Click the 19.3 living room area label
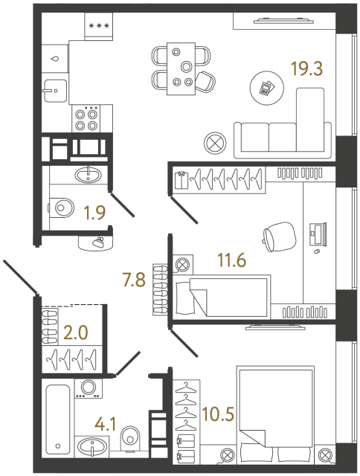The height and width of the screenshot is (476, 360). click(x=306, y=70)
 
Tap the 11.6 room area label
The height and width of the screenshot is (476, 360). click(x=231, y=260)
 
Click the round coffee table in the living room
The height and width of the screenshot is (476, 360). click(x=266, y=87)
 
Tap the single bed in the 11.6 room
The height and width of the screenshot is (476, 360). click(x=221, y=296)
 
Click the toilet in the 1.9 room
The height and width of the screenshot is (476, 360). click(x=62, y=207)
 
